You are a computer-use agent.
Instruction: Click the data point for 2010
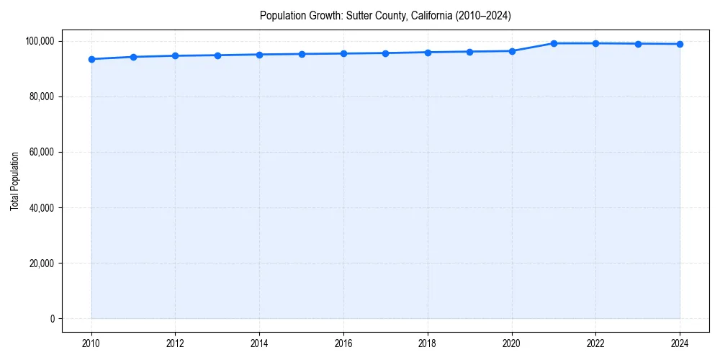point(91,59)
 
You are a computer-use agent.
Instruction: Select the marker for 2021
point(554,43)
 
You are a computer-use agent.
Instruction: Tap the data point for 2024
point(680,44)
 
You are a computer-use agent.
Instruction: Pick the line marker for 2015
point(302,54)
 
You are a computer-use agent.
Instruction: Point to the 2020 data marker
point(512,51)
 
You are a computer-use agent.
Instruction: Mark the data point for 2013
point(217,55)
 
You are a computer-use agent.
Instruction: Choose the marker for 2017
point(386,53)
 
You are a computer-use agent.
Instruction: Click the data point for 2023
point(638,44)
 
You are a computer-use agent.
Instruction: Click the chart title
point(385,16)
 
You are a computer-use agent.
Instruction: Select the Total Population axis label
point(14,181)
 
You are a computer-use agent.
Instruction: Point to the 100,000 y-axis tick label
point(38,41)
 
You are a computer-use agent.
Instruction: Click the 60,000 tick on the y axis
point(40,153)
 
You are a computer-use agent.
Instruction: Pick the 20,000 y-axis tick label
point(40,264)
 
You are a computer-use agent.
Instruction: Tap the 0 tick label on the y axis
point(52,319)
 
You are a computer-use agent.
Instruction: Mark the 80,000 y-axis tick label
point(40,97)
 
